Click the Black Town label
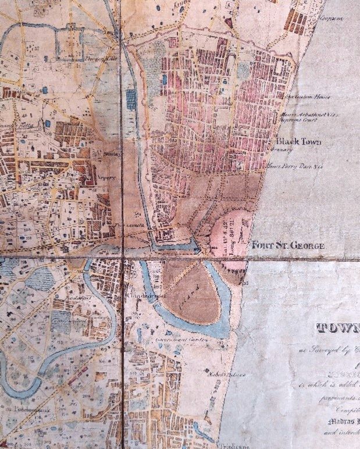tap(295, 142)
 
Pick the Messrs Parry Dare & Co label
tap(294, 166)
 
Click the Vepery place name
tap(108, 179)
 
